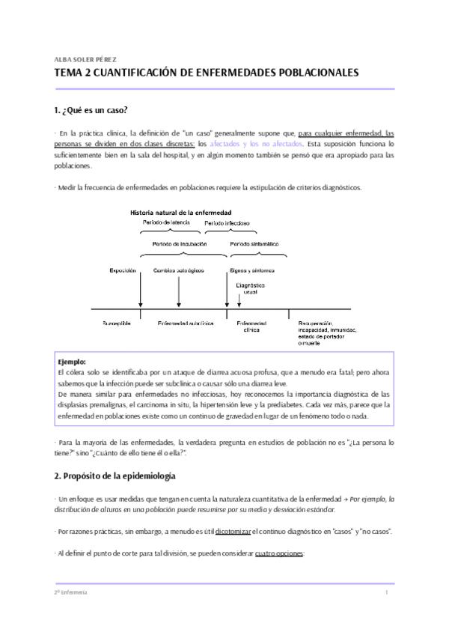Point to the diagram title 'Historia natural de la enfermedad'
point(181,212)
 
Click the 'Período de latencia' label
point(167,222)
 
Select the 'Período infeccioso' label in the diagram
point(227,223)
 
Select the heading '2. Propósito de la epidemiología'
point(114,476)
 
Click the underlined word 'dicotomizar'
point(235,531)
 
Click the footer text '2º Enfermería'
point(71,592)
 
